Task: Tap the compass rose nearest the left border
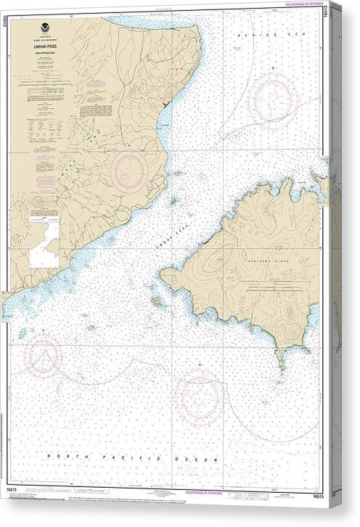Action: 43,354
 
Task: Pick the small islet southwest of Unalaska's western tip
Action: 157,300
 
